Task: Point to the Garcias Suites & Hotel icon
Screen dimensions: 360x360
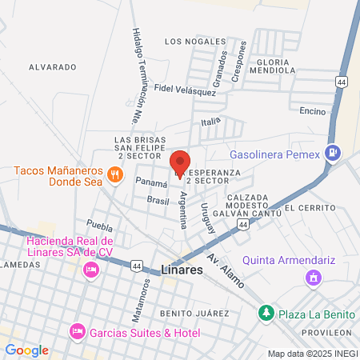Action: coord(77,330)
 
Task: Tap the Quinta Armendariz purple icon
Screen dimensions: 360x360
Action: coord(313,278)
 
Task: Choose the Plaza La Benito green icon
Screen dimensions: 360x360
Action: coord(265,311)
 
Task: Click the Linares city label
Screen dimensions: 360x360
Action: coord(182,270)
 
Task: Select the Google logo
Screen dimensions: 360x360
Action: coord(26,350)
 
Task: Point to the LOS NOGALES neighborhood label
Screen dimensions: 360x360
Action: coord(190,41)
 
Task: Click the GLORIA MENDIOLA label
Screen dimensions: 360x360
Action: coord(273,66)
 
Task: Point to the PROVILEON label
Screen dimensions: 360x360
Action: coord(327,331)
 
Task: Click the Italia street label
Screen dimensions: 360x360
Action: coord(210,121)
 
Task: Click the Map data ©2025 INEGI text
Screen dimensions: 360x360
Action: coord(312,354)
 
